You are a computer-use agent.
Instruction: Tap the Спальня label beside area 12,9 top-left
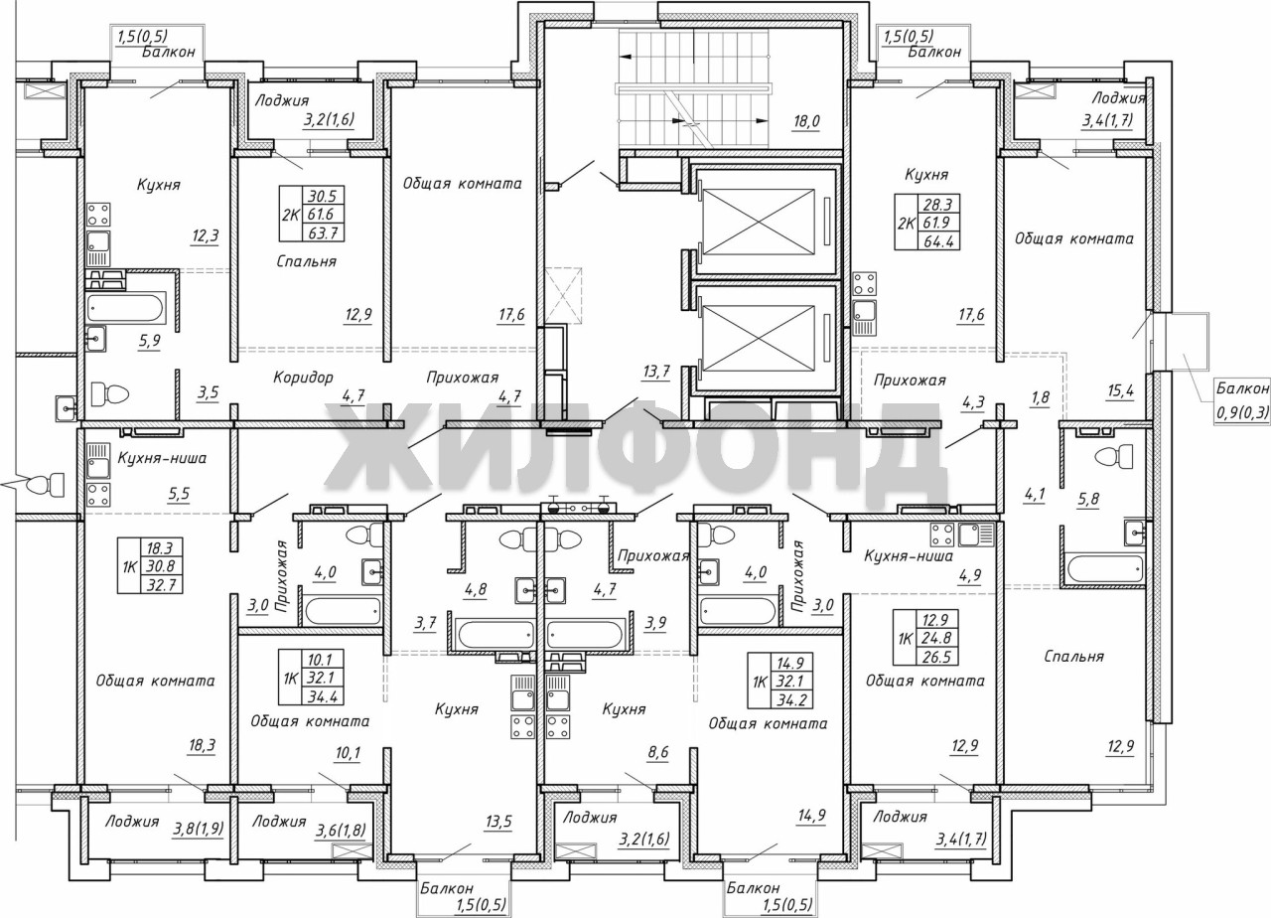[x=307, y=261]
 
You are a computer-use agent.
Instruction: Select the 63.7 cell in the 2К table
[x=323, y=232]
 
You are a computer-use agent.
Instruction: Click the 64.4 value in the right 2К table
[x=939, y=241]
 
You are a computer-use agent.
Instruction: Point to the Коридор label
[x=303, y=378]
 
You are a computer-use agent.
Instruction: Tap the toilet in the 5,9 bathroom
[x=110, y=393]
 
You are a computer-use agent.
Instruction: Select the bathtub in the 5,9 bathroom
[x=126, y=309]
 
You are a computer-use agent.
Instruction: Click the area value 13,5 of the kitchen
[x=498, y=822]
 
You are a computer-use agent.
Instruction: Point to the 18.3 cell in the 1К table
[x=161, y=548]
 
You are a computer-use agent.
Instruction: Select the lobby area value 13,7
[x=656, y=373]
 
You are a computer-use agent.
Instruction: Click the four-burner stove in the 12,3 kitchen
[x=98, y=217]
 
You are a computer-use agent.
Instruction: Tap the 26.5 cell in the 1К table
[x=939, y=657]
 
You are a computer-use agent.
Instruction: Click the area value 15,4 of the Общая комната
[x=1120, y=391]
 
